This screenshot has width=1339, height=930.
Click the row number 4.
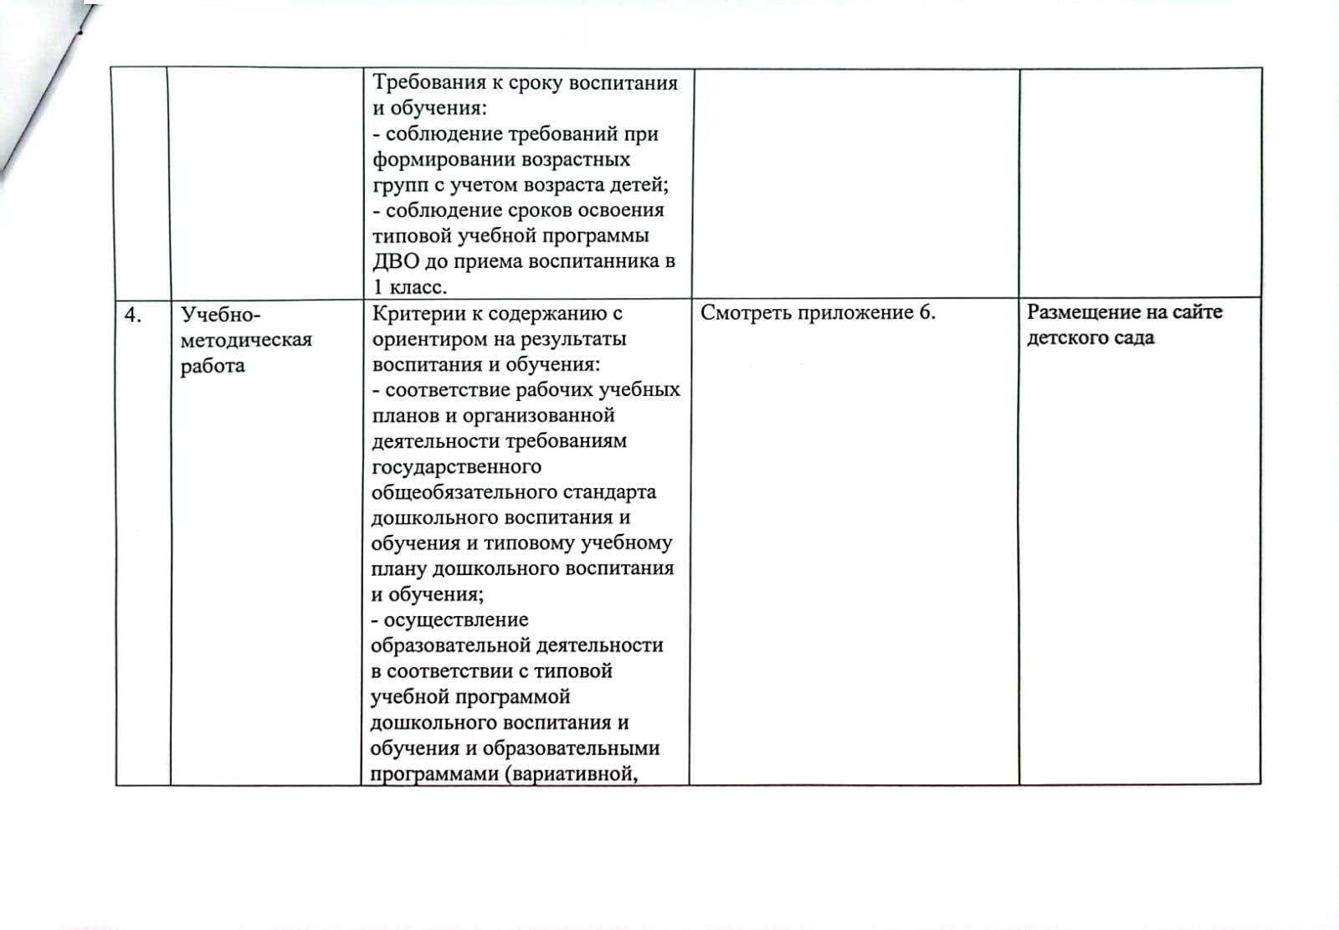[132, 315]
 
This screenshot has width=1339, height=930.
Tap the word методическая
[246, 340]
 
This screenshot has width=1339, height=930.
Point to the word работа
[213, 366]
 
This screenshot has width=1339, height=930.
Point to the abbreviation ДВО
[395, 261]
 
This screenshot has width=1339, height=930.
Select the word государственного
[456, 466]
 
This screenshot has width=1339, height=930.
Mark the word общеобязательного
[475, 492]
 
